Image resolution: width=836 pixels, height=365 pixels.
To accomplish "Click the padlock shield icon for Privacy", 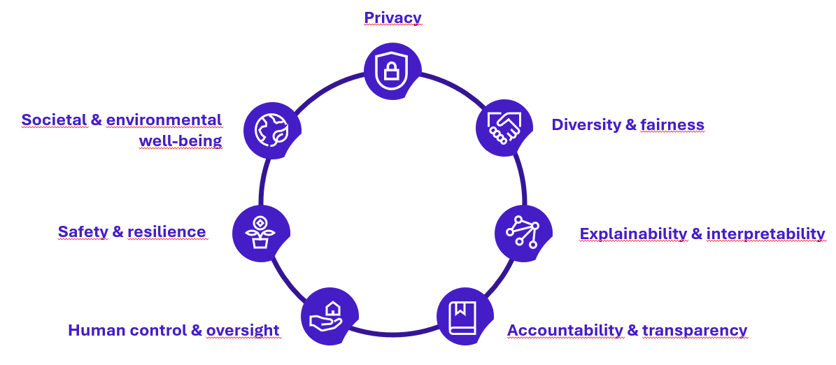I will click(x=392, y=71).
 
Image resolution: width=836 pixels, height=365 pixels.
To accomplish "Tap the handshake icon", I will click(x=503, y=127).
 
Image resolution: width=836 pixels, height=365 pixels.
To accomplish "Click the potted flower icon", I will click(x=260, y=233).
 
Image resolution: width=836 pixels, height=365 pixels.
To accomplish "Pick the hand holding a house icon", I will click(x=329, y=316).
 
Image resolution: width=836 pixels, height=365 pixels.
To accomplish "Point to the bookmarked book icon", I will click(x=464, y=316).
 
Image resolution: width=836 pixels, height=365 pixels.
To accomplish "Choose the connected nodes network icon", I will click(x=522, y=232).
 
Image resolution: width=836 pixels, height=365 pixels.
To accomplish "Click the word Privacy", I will click(x=392, y=17).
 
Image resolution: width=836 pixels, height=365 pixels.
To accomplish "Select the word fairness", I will click(x=672, y=125).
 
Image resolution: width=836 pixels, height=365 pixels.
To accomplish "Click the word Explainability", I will click(x=633, y=234).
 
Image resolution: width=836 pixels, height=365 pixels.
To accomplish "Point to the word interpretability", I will click(x=765, y=234).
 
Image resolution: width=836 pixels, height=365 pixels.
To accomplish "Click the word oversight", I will click(x=243, y=330).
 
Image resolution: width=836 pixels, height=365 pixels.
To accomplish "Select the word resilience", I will click(x=167, y=231).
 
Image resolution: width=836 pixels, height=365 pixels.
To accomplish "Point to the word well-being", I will click(x=180, y=141).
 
